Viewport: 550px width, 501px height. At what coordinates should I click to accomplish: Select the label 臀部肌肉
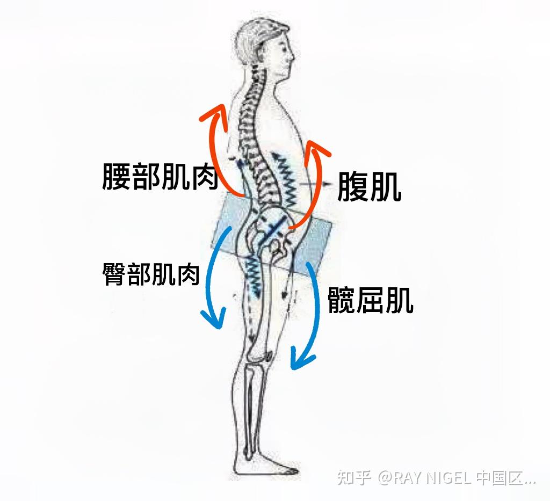pos(151,274)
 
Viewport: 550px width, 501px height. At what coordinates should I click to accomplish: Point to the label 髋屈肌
pos(370,300)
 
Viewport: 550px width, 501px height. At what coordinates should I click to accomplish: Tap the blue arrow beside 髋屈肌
pos(309,317)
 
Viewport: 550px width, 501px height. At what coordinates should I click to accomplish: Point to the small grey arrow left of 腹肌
pos(312,184)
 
